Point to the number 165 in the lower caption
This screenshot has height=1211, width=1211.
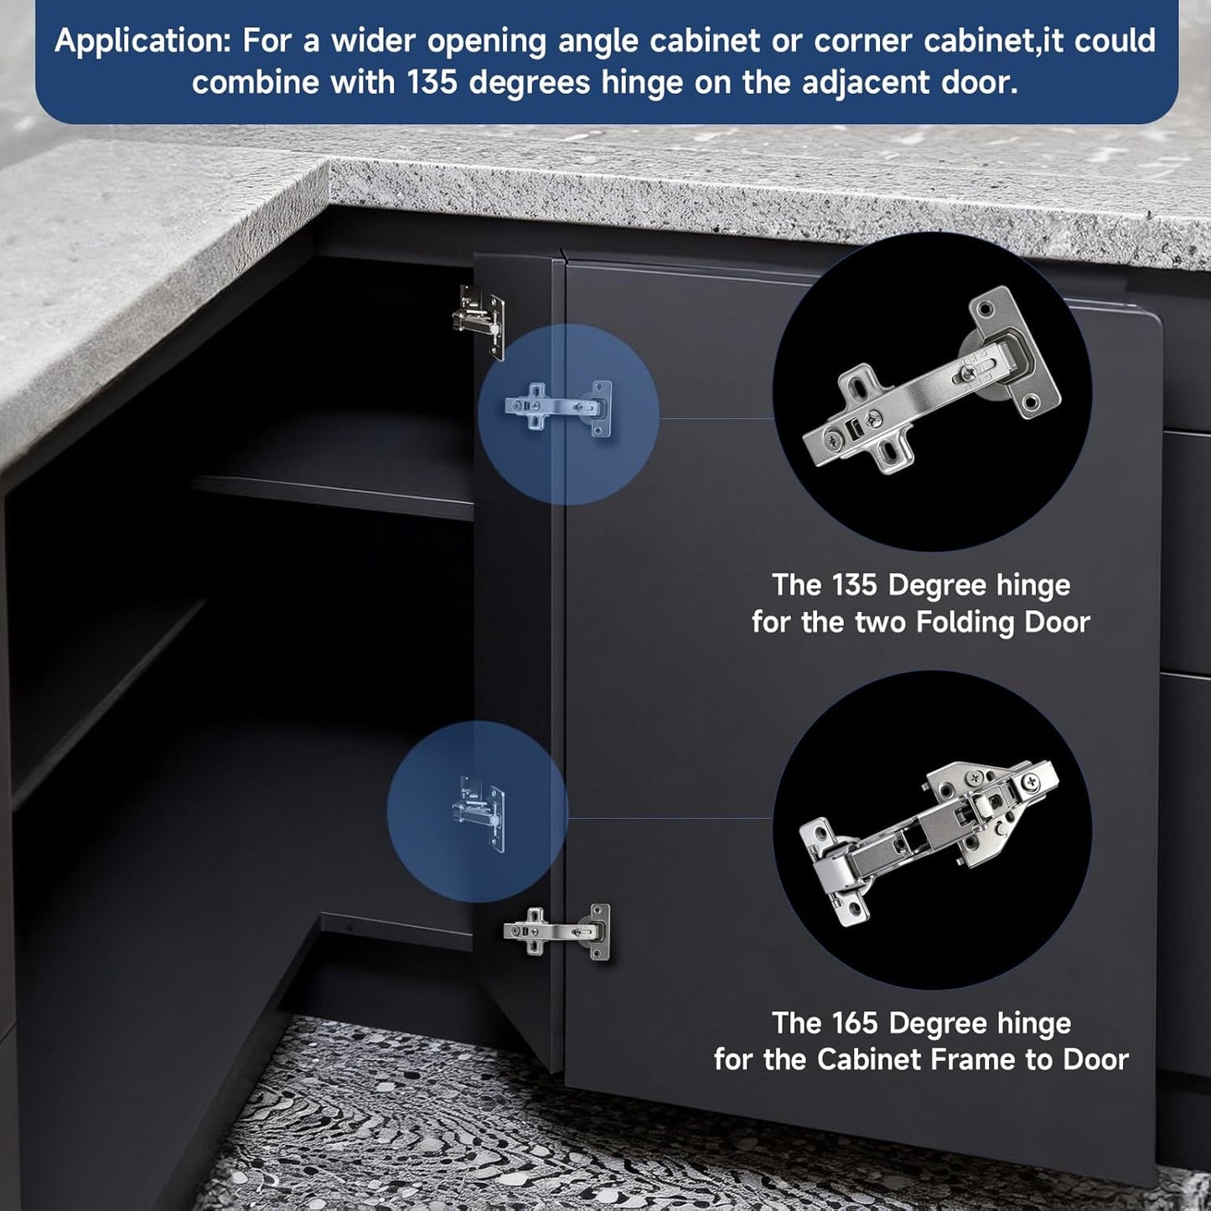855,1023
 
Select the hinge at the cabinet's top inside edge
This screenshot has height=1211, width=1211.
479,322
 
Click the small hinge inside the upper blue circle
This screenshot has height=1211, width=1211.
558,408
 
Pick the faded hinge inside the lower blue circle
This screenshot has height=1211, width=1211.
479,813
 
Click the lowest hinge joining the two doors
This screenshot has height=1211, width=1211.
556,932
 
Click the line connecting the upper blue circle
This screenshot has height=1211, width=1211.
716,418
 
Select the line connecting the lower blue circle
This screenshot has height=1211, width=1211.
670,818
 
